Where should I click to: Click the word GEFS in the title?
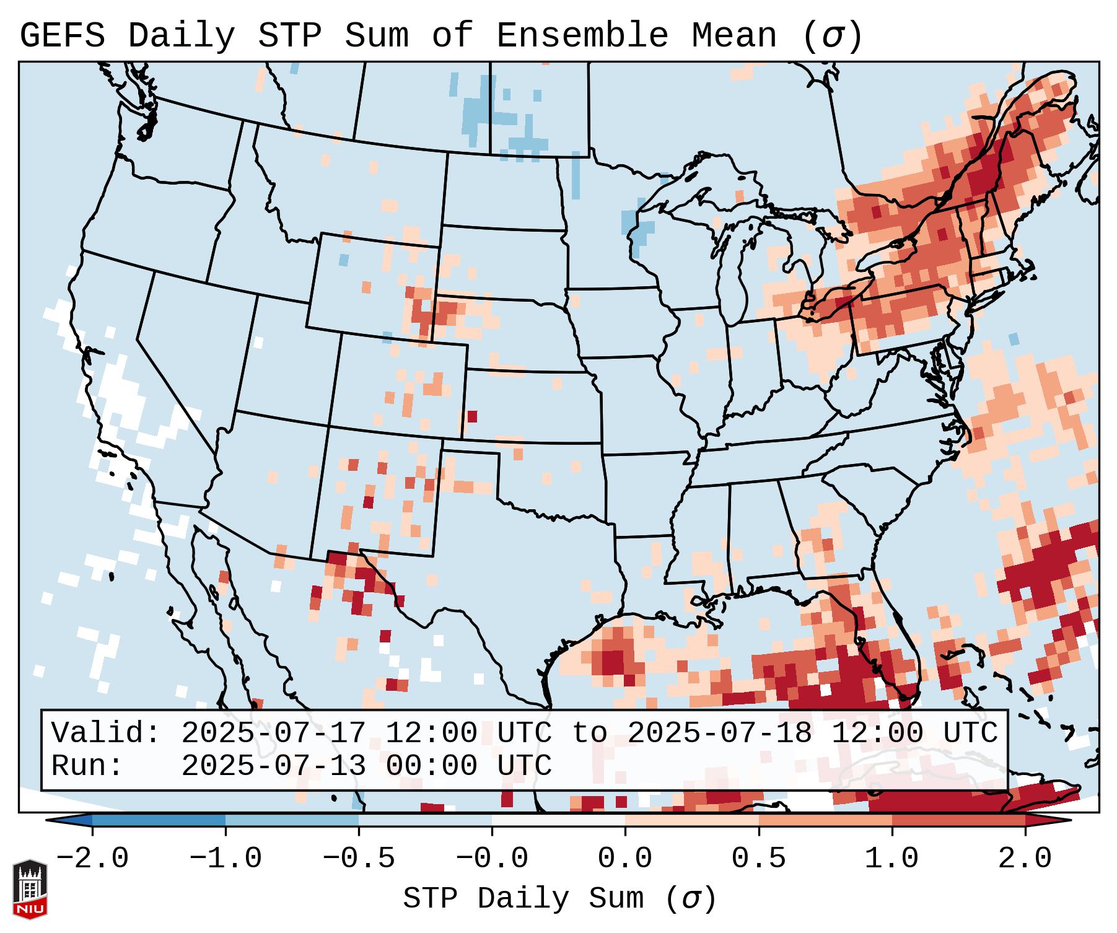62,36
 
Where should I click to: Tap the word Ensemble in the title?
582,36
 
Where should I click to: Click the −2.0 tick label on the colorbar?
92,859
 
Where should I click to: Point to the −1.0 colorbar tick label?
226,859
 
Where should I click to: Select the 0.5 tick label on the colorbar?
759,859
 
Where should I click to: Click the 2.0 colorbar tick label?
1025,859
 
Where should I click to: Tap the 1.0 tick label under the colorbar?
892,859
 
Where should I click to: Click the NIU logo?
30,889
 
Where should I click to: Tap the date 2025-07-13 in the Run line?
273,766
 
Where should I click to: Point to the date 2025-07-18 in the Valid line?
719,733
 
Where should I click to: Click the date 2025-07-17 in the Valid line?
273,733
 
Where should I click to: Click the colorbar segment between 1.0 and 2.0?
958,821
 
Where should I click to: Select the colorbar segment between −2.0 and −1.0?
159,821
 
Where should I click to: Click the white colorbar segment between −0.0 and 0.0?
558,821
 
